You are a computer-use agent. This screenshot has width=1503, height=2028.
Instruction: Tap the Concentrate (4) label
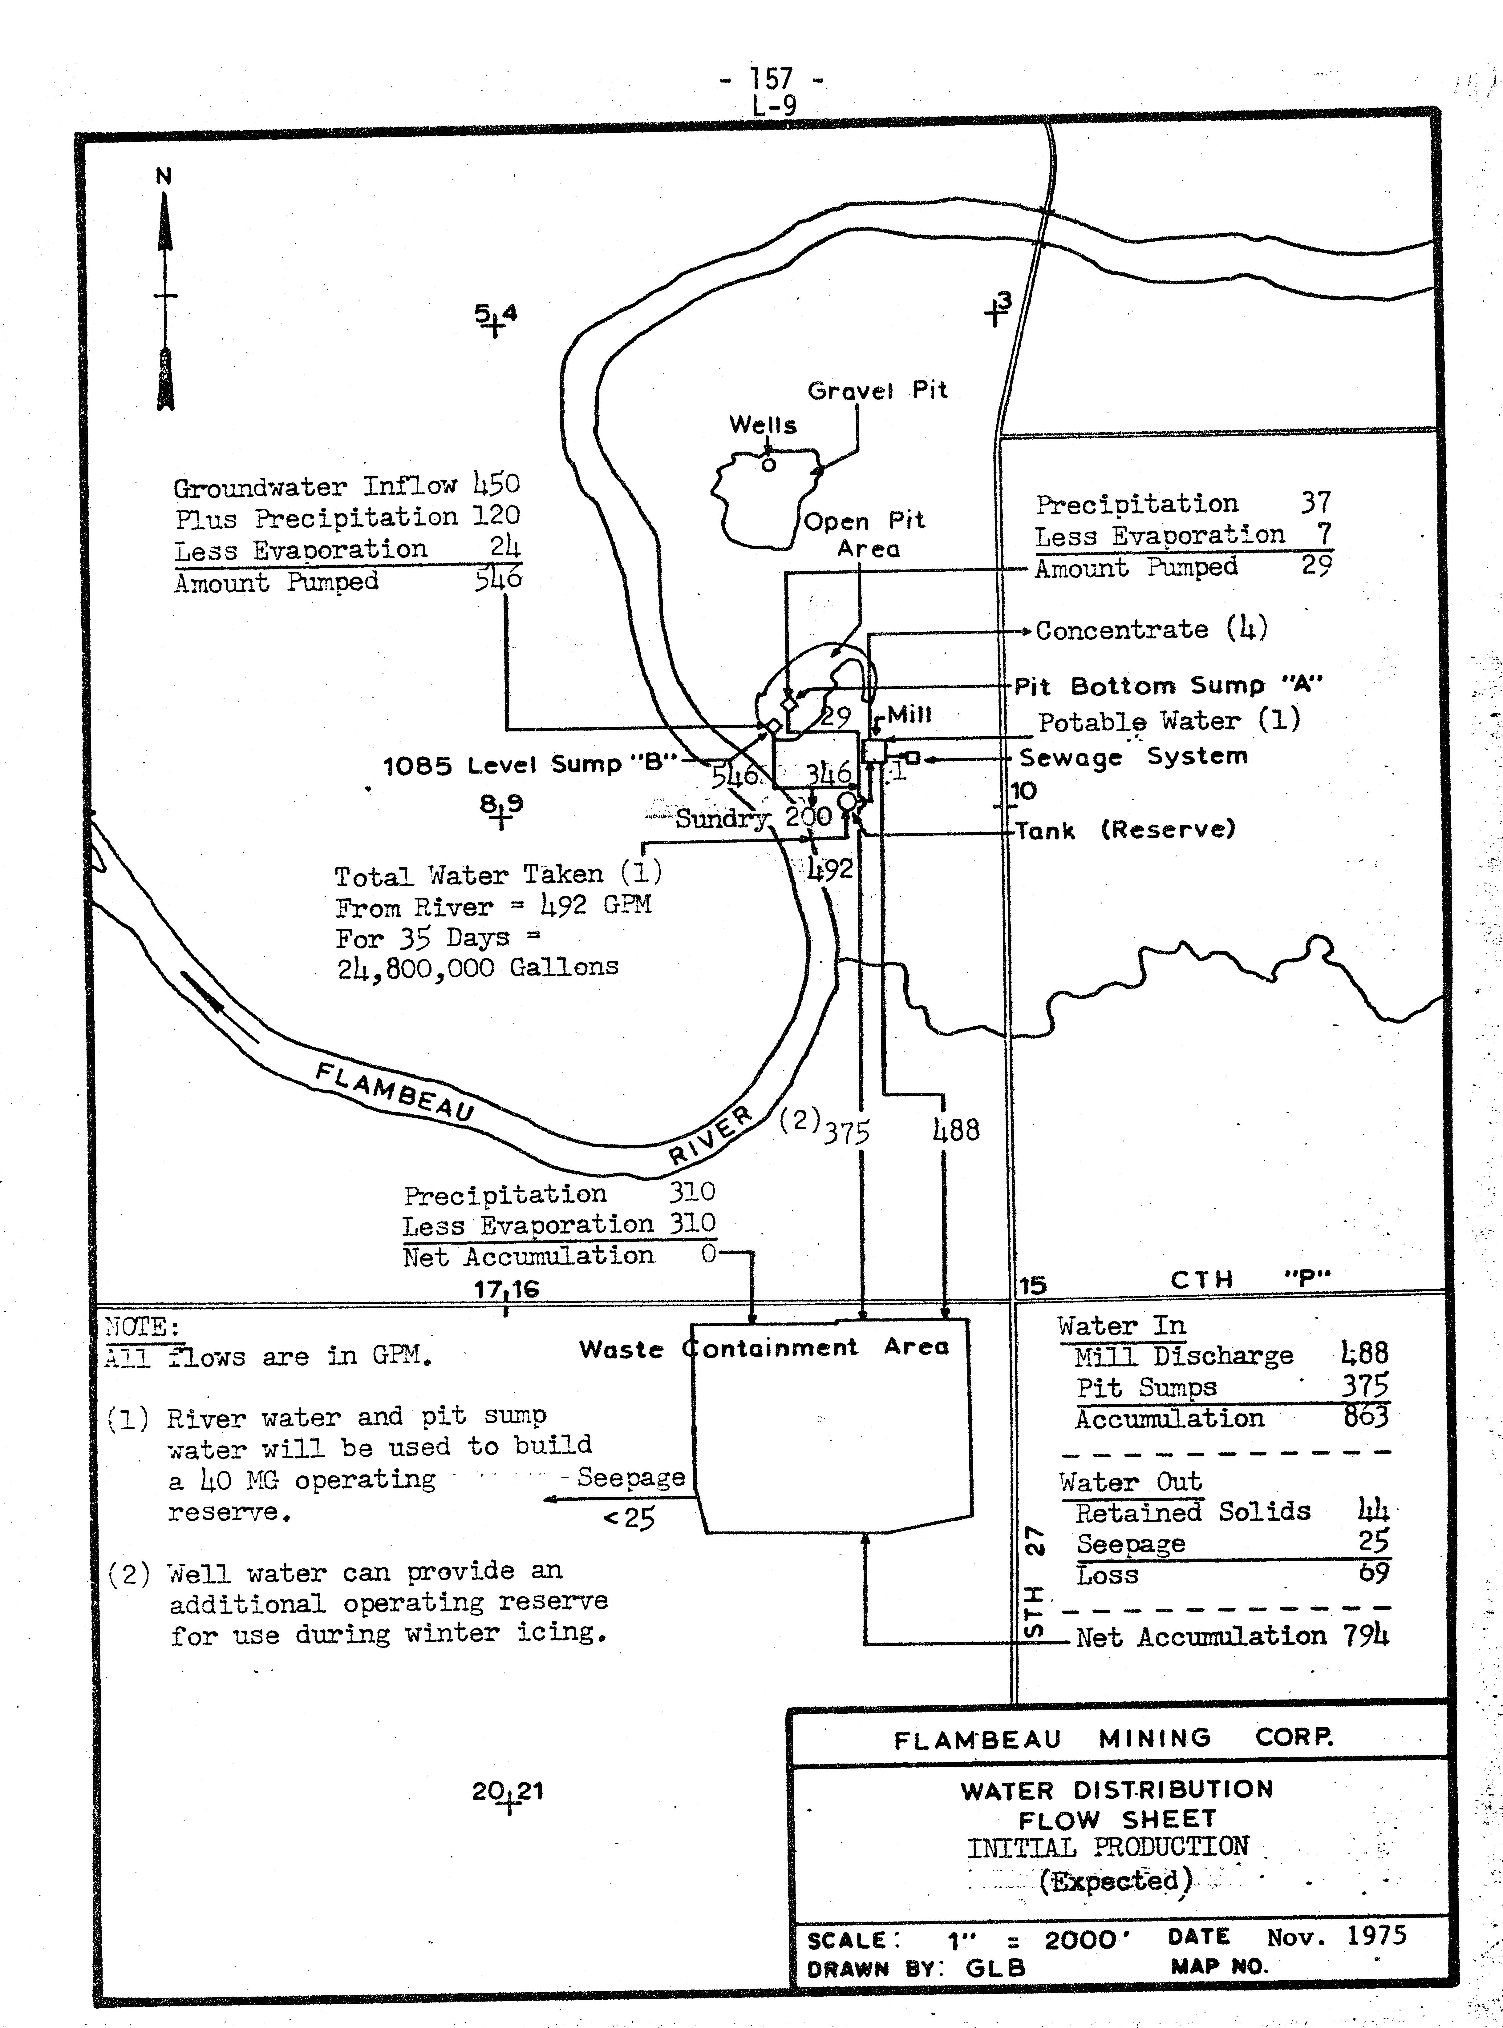(x=1151, y=629)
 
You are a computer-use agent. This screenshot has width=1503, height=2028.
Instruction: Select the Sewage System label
(x=1133, y=757)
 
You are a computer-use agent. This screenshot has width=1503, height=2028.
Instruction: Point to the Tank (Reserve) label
(x=1125, y=829)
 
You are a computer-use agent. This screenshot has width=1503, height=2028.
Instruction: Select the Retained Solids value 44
(x=1373, y=1511)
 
